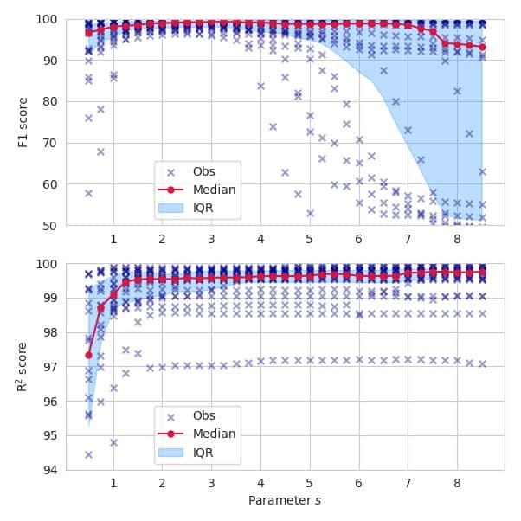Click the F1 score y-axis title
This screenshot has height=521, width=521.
(23, 122)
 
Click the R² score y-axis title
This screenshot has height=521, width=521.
(23, 367)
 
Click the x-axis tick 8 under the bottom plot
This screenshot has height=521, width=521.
(457, 483)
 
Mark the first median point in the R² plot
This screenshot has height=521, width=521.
(88, 355)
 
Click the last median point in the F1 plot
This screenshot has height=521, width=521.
(482, 47)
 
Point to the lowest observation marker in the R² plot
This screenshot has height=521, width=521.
(88, 454)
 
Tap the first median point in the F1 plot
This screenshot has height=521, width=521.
(88, 33)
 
